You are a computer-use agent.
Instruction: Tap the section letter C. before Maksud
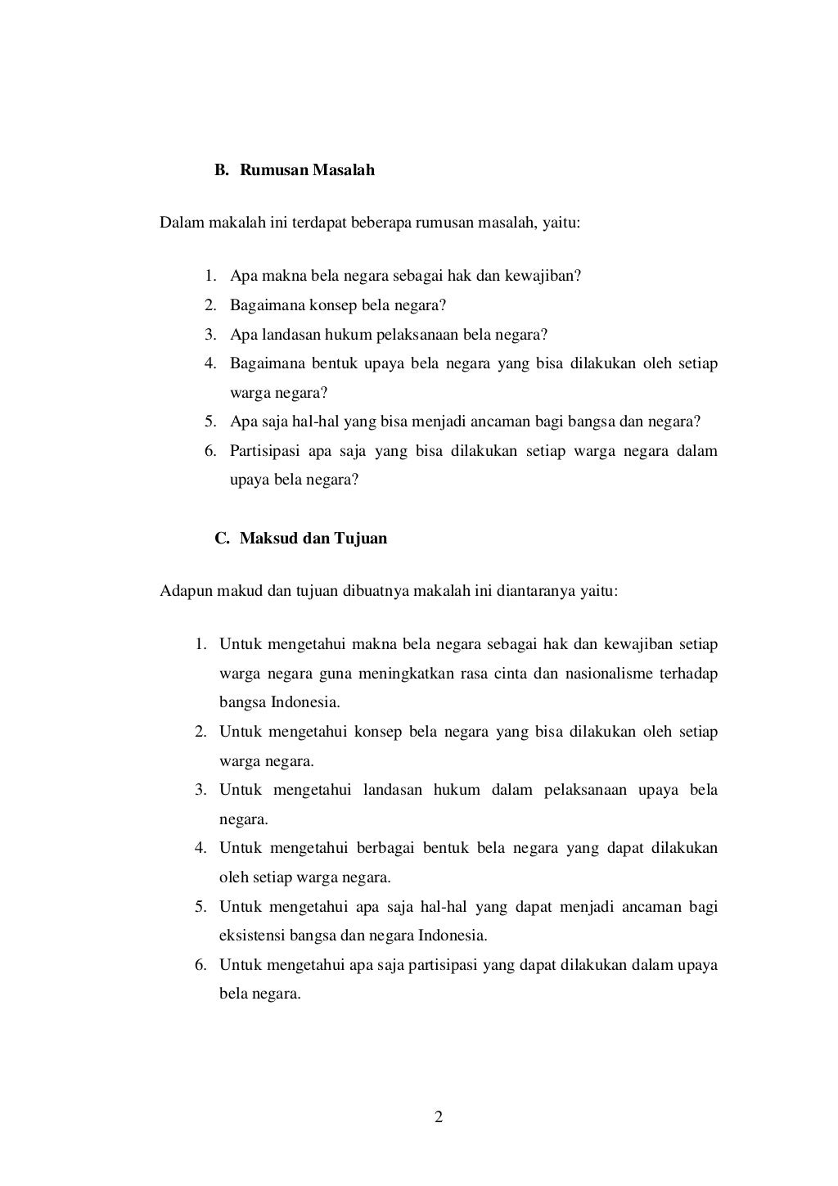222,539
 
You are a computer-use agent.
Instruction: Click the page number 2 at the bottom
439,1117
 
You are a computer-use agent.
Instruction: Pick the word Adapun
186,591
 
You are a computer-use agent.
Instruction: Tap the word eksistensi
250,936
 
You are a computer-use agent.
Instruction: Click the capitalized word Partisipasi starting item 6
265,452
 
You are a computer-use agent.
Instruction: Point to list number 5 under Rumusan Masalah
210,422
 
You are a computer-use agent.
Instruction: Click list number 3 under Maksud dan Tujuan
200,790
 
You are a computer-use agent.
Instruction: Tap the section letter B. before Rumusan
222,170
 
